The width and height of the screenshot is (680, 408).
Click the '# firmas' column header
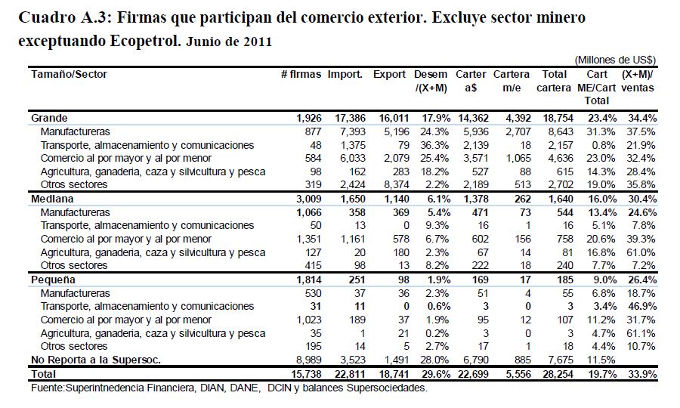tap(301, 74)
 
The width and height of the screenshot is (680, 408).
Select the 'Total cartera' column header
tap(554, 81)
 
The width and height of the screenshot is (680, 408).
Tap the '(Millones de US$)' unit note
tap(615, 60)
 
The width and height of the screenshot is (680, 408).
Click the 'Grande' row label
tap(49, 118)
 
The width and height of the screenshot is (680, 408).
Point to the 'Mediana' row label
tap(52, 199)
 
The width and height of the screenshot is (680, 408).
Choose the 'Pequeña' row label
tap(53, 280)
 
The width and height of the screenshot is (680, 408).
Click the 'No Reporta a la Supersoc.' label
tap(96, 360)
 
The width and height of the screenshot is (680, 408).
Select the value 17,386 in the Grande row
tap(350, 118)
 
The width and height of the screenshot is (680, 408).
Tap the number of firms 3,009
tap(309, 199)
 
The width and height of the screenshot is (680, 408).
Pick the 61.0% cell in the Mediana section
tap(641, 252)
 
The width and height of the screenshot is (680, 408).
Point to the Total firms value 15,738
tap(306, 374)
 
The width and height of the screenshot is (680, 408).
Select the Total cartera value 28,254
tap(558, 374)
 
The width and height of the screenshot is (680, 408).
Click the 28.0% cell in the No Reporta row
tap(434, 360)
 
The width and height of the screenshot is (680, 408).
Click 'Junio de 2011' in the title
tap(229, 42)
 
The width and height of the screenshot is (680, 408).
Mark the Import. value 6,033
tap(353, 158)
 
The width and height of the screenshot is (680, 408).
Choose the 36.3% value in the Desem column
tap(434, 145)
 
